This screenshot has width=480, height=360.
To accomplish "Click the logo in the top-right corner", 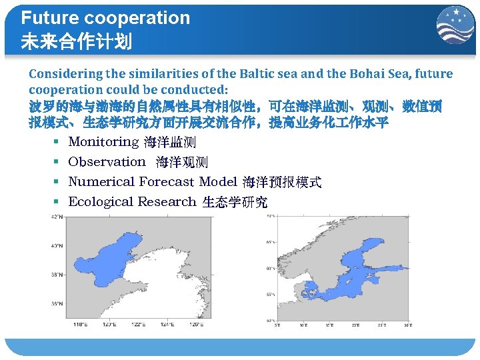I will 455,25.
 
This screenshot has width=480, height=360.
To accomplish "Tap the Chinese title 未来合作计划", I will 76,42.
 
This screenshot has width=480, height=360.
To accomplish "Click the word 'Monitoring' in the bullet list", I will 103,142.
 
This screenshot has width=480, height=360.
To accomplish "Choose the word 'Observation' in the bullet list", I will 107,162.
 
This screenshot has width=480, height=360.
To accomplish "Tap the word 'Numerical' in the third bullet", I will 101,182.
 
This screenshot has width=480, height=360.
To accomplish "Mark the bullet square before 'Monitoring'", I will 58,142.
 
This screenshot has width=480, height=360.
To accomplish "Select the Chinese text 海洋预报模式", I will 282,182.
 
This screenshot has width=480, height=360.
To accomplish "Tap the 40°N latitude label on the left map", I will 57,245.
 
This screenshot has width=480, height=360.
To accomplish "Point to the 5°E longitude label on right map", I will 278,325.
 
